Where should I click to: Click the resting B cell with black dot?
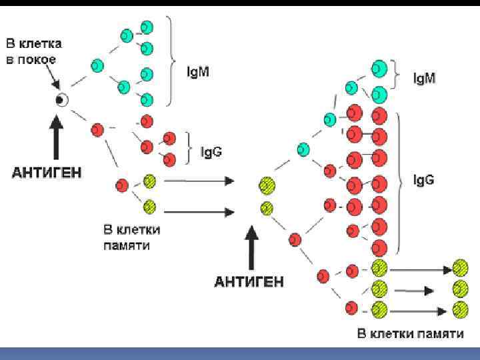[61, 100]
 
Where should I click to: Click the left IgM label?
[197, 71]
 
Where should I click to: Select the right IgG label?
[424, 180]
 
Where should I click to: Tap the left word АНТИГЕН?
[47, 172]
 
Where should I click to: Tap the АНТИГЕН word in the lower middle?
[249, 281]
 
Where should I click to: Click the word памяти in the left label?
[127, 245]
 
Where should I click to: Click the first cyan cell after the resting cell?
[97, 65]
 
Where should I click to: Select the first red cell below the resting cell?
[97, 129]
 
